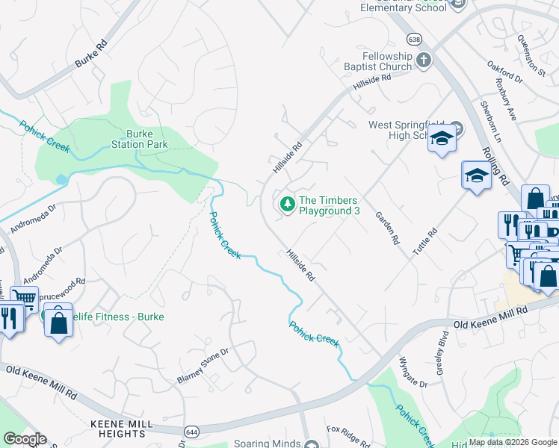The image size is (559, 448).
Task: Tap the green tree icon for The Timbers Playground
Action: (287, 203)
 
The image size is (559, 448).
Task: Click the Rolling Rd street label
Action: (495, 165)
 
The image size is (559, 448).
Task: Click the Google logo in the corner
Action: (24, 439)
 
